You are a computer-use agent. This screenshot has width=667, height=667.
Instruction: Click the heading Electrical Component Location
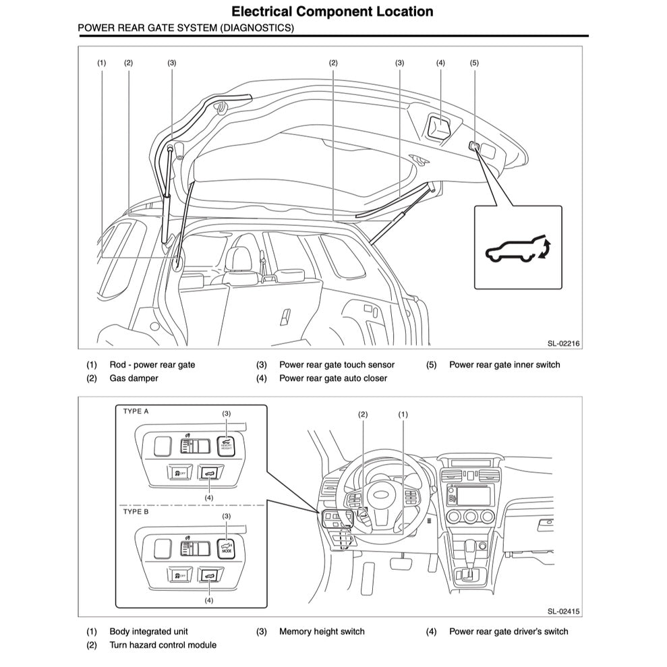332,11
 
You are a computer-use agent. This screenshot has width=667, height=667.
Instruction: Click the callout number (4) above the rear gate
440,63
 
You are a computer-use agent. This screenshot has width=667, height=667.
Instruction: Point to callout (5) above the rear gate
474,63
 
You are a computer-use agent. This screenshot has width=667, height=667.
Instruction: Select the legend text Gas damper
134,378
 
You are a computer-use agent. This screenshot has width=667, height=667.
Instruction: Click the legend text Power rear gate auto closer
333,378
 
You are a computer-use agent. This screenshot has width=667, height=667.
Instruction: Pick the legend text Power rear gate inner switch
504,365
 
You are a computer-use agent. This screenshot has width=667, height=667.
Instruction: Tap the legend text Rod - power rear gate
152,365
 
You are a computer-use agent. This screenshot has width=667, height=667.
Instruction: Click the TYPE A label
136,410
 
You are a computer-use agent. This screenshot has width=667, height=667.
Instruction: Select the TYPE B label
136,512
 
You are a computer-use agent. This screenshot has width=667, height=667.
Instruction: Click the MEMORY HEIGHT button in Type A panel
227,444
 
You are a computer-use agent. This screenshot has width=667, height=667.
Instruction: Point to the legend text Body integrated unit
148,632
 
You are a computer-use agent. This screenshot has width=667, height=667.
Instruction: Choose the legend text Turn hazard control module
163,645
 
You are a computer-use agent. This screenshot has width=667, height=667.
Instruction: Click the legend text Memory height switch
322,632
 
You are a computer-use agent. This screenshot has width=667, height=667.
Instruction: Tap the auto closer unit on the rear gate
440,126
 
